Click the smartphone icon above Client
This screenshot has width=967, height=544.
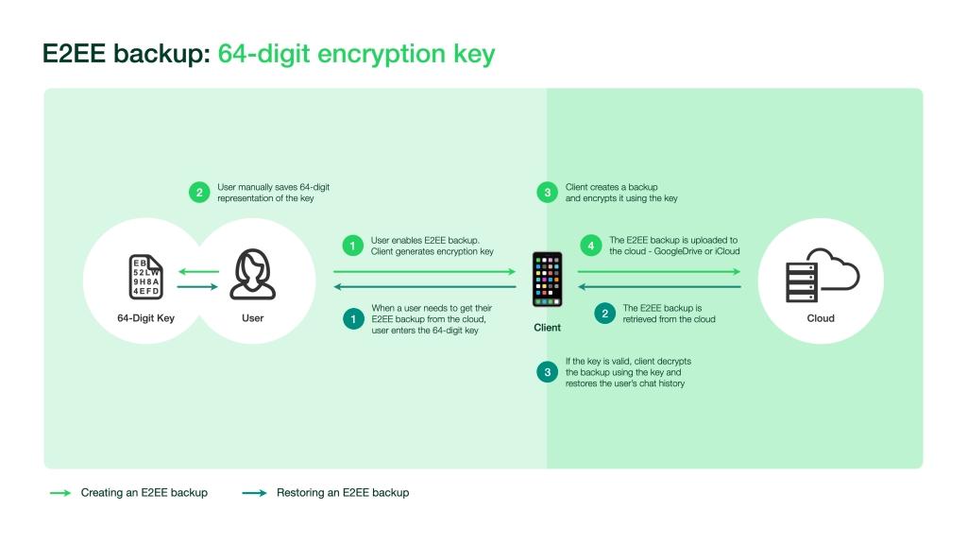point(547,279)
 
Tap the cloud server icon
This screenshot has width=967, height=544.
point(821,274)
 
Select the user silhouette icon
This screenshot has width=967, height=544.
point(253,275)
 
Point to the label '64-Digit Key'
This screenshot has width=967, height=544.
point(145,318)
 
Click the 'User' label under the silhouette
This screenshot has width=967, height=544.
point(253,318)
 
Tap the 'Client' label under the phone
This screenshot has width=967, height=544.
point(547,328)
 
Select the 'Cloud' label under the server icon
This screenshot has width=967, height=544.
point(821,318)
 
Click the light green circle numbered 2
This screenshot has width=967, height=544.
point(198,193)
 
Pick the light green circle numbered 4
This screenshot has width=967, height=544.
point(591,246)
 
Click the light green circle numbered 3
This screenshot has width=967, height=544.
point(547,193)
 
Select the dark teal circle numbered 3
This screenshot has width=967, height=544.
point(547,372)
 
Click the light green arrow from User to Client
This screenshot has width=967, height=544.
point(425,272)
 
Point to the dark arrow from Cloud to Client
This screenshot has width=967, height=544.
point(658,286)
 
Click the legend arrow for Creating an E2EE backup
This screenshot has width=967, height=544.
point(60,492)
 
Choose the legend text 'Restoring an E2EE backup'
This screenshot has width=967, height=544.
point(342,492)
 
